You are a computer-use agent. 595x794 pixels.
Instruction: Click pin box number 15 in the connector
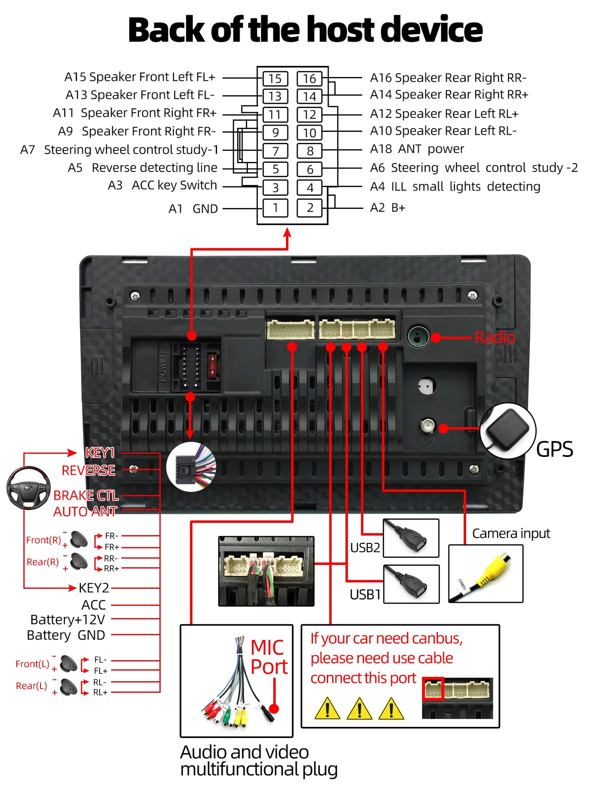point(275,78)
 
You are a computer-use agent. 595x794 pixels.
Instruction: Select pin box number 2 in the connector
point(310,207)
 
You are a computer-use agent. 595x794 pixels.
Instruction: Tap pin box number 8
point(310,151)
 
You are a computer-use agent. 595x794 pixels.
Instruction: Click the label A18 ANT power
point(417,149)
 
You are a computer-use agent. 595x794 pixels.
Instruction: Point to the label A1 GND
point(193,209)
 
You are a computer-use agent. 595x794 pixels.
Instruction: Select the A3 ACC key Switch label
point(162,185)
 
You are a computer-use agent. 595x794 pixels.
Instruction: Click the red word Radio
point(495,337)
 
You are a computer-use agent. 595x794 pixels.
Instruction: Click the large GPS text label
point(554,449)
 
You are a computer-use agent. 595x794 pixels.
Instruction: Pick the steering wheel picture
point(28,487)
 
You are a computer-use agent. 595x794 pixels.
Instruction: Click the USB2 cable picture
point(411,538)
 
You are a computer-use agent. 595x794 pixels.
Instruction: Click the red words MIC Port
point(268,657)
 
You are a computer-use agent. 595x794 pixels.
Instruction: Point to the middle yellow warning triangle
point(359,708)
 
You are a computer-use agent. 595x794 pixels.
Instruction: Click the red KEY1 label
point(100,452)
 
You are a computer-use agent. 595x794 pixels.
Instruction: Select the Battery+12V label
point(68,620)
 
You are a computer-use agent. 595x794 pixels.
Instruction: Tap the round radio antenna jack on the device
point(418,337)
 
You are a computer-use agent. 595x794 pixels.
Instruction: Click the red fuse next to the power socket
point(212,365)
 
